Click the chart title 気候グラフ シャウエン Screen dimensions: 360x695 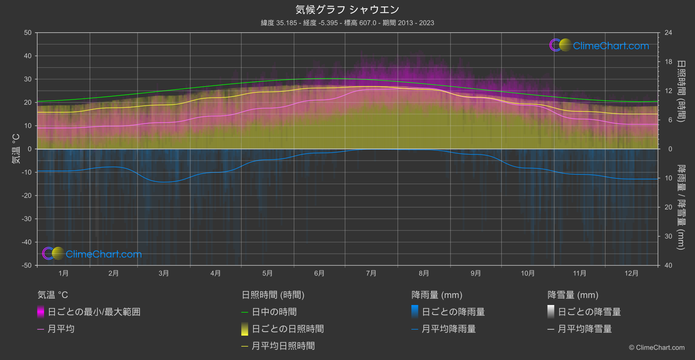347,10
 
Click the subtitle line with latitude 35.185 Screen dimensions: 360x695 347,23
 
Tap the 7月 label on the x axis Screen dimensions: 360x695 371,273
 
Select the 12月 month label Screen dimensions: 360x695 631,273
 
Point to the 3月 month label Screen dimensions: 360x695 164,273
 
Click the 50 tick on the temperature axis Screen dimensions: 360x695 28,33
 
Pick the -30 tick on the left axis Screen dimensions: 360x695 27,219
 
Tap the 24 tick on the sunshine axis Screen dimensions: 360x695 668,33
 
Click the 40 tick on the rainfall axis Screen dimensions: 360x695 668,265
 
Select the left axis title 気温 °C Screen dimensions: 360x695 16,149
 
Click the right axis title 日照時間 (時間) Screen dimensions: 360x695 681,91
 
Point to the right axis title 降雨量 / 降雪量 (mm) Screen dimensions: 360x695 681,207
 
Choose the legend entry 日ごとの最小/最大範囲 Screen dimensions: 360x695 94,312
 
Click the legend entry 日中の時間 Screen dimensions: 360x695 274,312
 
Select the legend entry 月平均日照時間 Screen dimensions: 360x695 283,346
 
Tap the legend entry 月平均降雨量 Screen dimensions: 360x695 448,329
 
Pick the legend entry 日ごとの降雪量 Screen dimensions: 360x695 589,312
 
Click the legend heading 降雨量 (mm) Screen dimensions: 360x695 437,295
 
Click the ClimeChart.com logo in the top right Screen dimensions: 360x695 599,45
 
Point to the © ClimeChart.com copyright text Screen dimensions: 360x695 657,347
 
